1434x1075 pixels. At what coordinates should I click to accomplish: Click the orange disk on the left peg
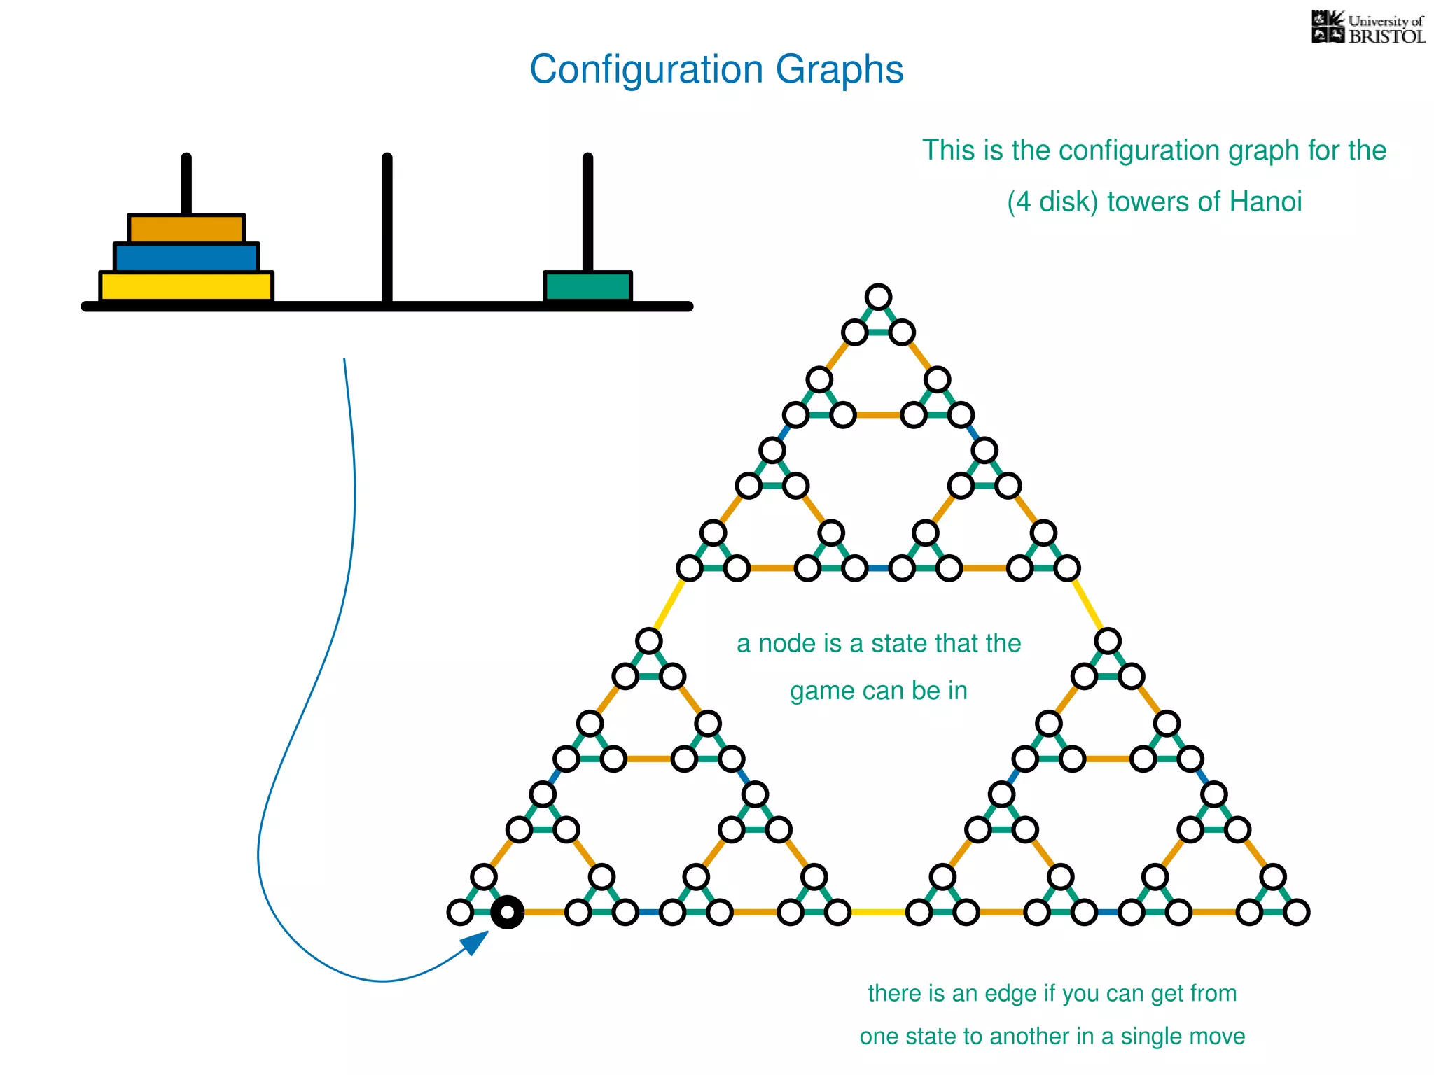186,229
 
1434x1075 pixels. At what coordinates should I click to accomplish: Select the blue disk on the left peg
186,258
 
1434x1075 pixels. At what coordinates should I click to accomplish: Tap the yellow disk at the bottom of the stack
186,286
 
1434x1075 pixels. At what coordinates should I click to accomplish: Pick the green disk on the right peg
588,286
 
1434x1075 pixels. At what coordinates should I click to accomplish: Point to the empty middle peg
387,224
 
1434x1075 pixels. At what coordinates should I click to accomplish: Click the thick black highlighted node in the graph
507,913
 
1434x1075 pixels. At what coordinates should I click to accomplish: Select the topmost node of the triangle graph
878,297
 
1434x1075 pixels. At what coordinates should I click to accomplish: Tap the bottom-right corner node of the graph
1296,913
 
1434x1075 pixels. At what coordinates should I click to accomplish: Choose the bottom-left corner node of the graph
460,913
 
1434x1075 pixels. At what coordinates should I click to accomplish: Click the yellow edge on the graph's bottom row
878,913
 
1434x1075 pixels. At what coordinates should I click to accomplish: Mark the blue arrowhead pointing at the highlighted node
476,942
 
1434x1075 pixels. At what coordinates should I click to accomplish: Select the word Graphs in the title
840,70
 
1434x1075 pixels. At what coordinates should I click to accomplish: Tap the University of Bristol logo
1367,28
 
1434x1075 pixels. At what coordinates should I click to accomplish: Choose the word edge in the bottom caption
1008,994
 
